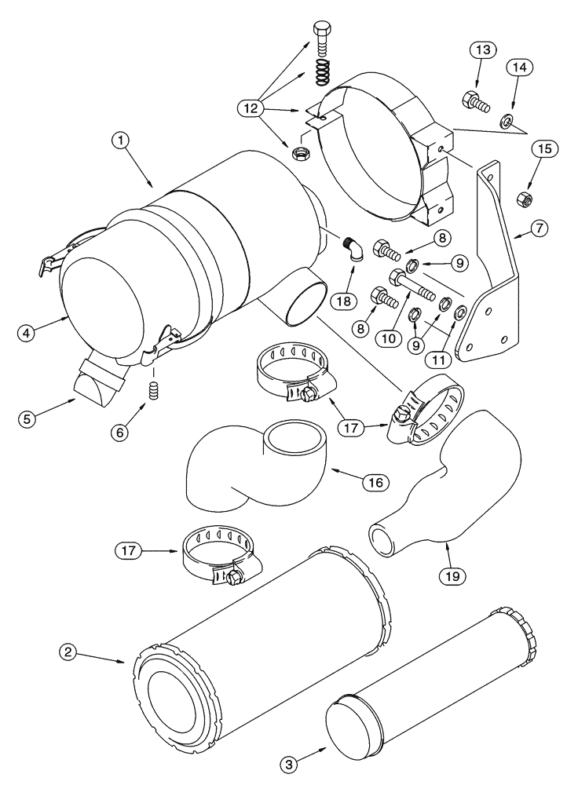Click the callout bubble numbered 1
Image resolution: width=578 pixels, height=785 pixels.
click(120, 141)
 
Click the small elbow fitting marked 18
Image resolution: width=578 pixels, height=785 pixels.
click(352, 250)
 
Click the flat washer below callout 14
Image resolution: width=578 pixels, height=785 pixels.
click(507, 121)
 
